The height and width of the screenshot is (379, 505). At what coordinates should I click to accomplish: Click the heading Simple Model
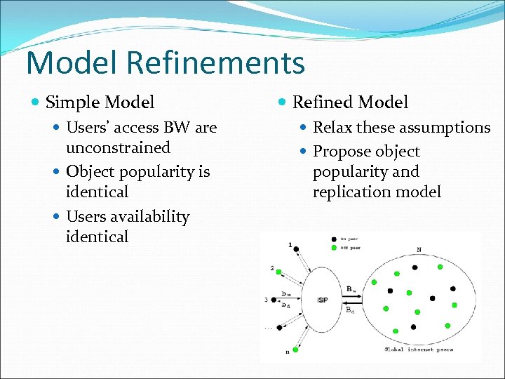click(100, 102)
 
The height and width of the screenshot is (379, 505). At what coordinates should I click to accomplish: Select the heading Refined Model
click(350, 102)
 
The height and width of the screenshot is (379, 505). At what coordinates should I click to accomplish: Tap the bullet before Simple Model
click(36, 102)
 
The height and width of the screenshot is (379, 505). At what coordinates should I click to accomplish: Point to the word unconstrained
click(118, 147)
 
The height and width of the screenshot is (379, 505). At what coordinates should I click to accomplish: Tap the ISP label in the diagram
click(322, 300)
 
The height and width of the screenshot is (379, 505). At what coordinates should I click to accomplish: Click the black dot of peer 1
click(296, 248)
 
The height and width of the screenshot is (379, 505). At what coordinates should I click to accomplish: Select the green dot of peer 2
click(280, 272)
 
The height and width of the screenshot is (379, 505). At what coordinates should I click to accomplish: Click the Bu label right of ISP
click(351, 288)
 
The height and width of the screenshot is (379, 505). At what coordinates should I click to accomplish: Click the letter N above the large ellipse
click(419, 250)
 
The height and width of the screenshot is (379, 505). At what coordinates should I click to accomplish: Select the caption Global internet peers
click(419, 350)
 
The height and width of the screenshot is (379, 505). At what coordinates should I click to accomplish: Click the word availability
click(147, 217)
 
